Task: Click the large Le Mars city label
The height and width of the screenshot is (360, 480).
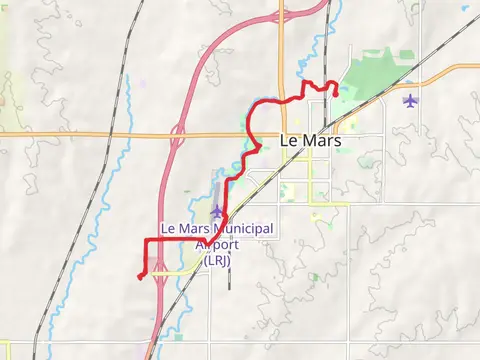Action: [x=311, y=141]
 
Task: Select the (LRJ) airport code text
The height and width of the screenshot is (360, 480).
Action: [x=217, y=260]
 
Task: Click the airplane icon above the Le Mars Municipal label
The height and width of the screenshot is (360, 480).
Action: [x=217, y=211]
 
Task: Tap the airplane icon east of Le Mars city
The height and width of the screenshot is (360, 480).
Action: [x=410, y=100]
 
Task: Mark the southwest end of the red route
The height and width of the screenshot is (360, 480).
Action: [x=138, y=275]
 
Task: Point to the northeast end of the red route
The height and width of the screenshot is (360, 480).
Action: [x=334, y=95]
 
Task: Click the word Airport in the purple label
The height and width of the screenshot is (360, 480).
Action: [x=217, y=245]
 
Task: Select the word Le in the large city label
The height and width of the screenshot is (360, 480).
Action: [x=290, y=141]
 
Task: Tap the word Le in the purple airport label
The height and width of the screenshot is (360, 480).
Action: [x=168, y=229]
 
